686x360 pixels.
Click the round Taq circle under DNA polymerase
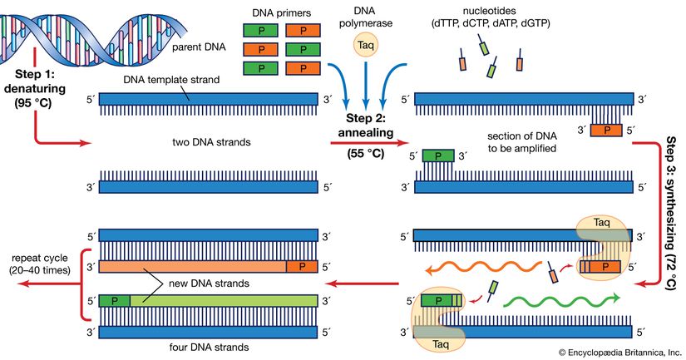pyautogui.click(x=365, y=45)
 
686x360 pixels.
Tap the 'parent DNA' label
pyautogui.click(x=199, y=47)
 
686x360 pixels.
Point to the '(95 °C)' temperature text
pyautogui.click(x=34, y=104)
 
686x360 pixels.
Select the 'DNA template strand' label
pyautogui.click(x=171, y=80)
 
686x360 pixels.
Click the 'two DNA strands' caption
pyautogui.click(x=211, y=141)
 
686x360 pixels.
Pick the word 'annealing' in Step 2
pyautogui.click(x=365, y=132)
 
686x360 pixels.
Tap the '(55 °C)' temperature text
pyautogui.click(x=366, y=154)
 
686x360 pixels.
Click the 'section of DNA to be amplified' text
pyautogui.click(x=522, y=142)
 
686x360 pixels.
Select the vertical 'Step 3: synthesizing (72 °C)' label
pyautogui.click(x=672, y=213)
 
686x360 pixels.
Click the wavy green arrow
pyautogui.click(x=562, y=300)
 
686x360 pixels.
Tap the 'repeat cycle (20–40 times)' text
pyautogui.click(x=40, y=264)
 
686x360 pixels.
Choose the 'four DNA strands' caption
pyautogui.click(x=209, y=348)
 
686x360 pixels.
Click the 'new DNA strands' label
pyautogui.click(x=209, y=284)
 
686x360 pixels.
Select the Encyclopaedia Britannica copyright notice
pyautogui.click(x=620, y=353)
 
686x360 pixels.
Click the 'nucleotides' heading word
pyautogui.click(x=490, y=11)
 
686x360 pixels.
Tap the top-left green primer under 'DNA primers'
pyautogui.click(x=261, y=31)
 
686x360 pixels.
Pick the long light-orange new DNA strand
pyautogui.click(x=193, y=266)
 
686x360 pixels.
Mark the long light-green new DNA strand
pyautogui.click(x=224, y=300)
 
